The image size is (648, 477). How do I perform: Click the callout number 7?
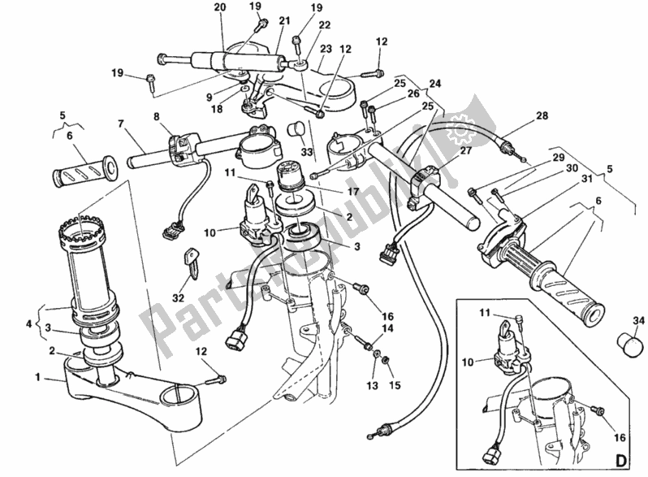(120, 124)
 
